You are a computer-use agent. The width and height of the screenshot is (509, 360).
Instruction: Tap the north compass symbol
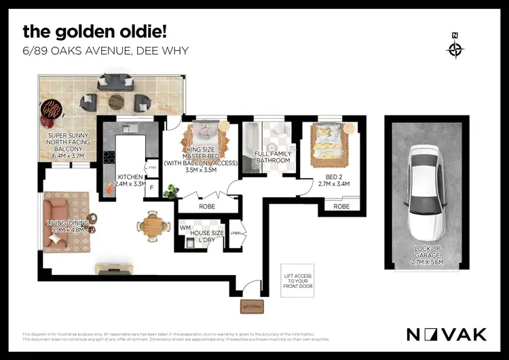coord(455,48)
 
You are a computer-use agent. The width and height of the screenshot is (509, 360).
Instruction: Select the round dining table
coord(153,223)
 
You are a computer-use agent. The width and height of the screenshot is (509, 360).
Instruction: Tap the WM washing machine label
coord(185,228)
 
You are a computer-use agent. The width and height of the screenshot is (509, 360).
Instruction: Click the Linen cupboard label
coord(235,234)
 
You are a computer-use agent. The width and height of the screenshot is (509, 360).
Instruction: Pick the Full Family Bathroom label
coord(272,157)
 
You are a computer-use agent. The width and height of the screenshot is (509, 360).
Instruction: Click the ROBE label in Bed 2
coord(341,206)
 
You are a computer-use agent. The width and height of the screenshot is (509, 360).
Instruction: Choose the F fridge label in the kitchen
coord(151,187)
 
